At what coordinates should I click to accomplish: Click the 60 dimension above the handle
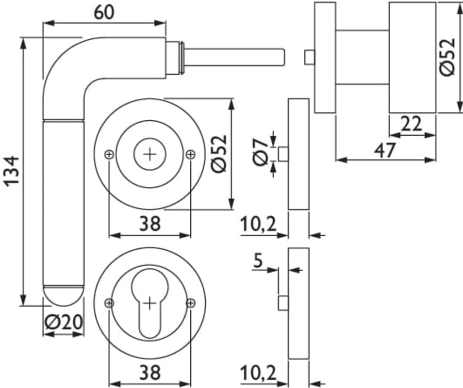coord(104,12)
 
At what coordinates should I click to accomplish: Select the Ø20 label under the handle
coord(63,322)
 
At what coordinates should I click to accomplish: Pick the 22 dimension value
coord(411,125)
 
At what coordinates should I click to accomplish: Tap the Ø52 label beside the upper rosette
coord(219,153)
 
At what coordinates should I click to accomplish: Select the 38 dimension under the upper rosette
coord(150,224)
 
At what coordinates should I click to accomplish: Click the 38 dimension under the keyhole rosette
coord(150,372)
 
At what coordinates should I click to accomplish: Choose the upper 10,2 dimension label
coord(258,225)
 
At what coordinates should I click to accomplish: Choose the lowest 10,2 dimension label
coord(258,373)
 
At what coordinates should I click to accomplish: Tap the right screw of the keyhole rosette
coord(191,303)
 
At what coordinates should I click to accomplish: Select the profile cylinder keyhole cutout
coord(150,301)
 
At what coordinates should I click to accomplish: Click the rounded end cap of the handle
coord(63,296)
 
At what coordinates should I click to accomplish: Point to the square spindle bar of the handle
coord(233,56)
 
